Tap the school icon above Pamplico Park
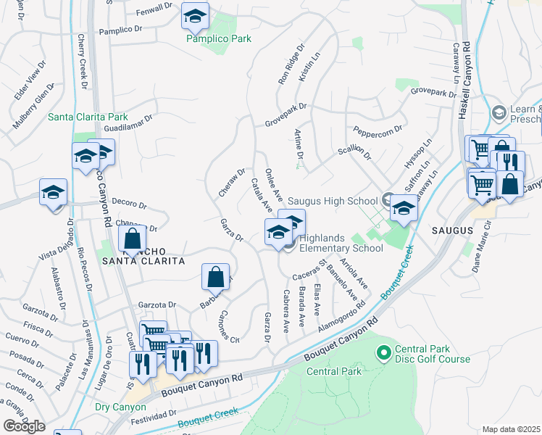pyautogui.click(x=194, y=15)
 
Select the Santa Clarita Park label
pyautogui.click(x=88, y=116)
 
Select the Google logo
pyautogui.click(x=24, y=426)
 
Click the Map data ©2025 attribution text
pyautogui.click(x=512, y=429)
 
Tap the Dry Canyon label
pyautogui.click(x=120, y=407)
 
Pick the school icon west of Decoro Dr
pyautogui.click(x=53, y=192)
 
